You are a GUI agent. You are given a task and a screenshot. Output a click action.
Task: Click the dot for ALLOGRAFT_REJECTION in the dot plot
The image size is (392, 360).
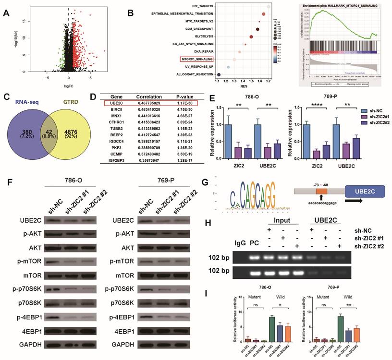[219, 74]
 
